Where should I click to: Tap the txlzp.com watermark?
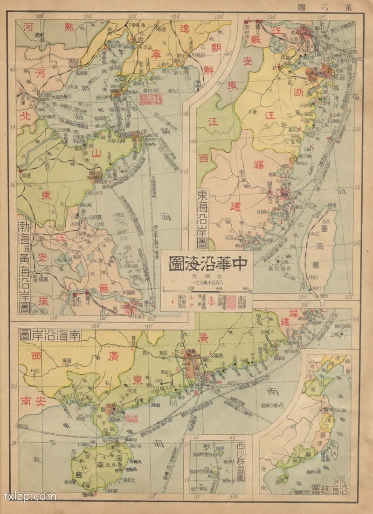click(x=30, y=496)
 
